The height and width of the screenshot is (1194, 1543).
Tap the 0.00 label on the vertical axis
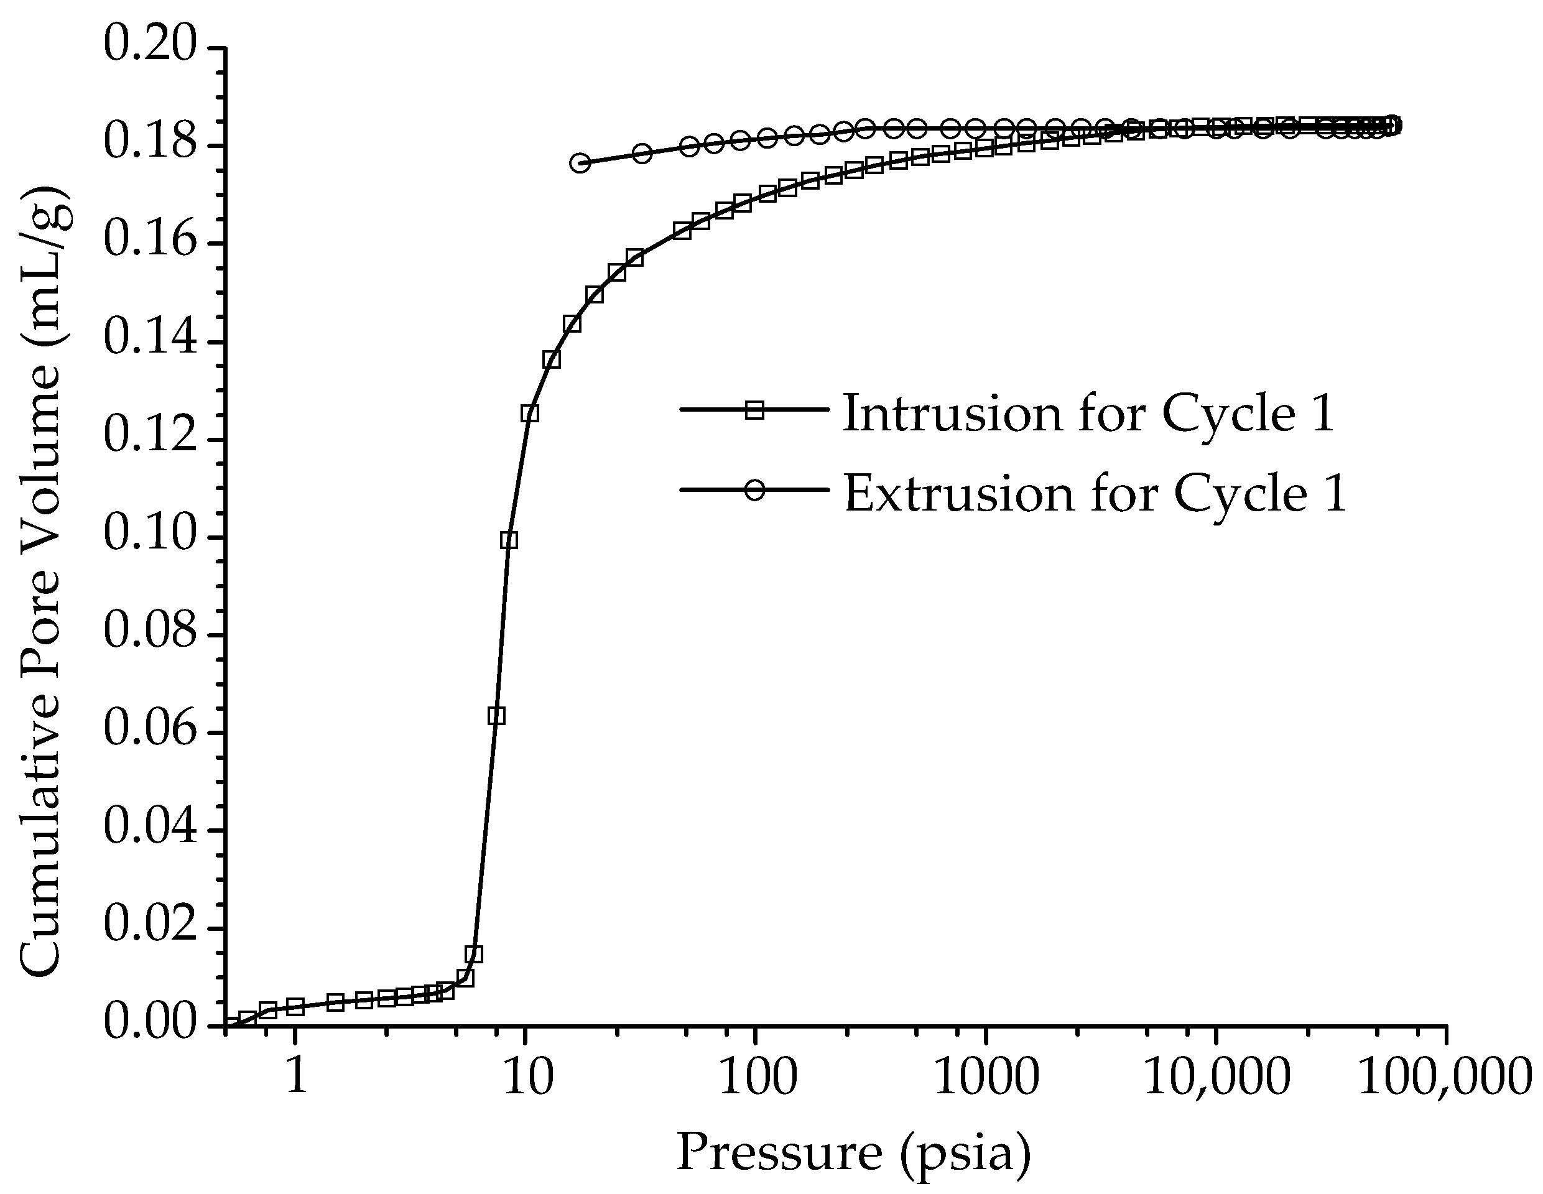pyautogui.click(x=149, y=1024)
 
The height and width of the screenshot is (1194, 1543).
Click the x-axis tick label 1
pyautogui.click(x=295, y=1078)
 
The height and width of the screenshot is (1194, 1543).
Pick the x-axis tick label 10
pyautogui.click(x=525, y=1078)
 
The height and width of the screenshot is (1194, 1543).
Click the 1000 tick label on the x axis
pyautogui.click(x=985, y=1078)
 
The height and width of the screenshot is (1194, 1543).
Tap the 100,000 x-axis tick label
pyautogui.click(x=1445, y=1078)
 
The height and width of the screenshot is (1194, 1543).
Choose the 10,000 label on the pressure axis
pyautogui.click(x=1216, y=1078)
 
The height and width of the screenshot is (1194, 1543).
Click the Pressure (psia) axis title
pyautogui.click(x=853, y=1154)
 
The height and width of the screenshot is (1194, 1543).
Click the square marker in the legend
pyautogui.click(x=755, y=410)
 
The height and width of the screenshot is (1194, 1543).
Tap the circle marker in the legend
pyautogui.click(x=755, y=490)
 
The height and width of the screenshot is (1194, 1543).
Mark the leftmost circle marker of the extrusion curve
pyautogui.click(x=580, y=163)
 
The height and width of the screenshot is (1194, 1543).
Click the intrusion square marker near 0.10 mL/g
pyautogui.click(x=509, y=540)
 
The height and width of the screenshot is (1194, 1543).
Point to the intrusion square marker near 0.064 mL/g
pyautogui.click(x=497, y=716)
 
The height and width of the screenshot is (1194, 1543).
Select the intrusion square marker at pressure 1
pyautogui.click(x=295, y=1006)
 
